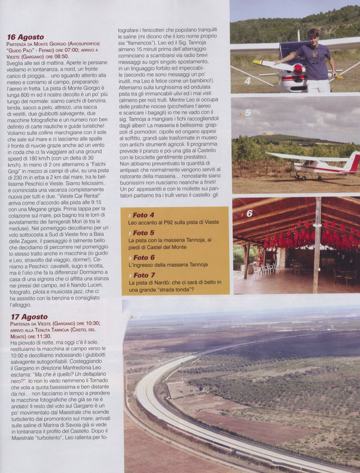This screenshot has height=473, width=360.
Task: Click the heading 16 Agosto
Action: point(26,37)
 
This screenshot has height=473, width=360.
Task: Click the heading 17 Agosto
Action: point(28,316)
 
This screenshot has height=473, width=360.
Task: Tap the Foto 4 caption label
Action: point(143,215)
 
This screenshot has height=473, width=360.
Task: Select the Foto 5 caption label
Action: point(143,233)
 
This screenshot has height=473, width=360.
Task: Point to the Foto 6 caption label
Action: point(143,257)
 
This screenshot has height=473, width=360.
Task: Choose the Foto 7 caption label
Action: point(143,275)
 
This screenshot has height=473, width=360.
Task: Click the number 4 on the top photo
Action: point(247,81)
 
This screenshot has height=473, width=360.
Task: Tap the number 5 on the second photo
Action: point(247,113)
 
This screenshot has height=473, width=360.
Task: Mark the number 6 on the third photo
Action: point(249,214)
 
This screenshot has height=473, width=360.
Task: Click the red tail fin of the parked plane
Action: point(353,162)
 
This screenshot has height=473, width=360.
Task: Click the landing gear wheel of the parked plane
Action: point(297,176)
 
